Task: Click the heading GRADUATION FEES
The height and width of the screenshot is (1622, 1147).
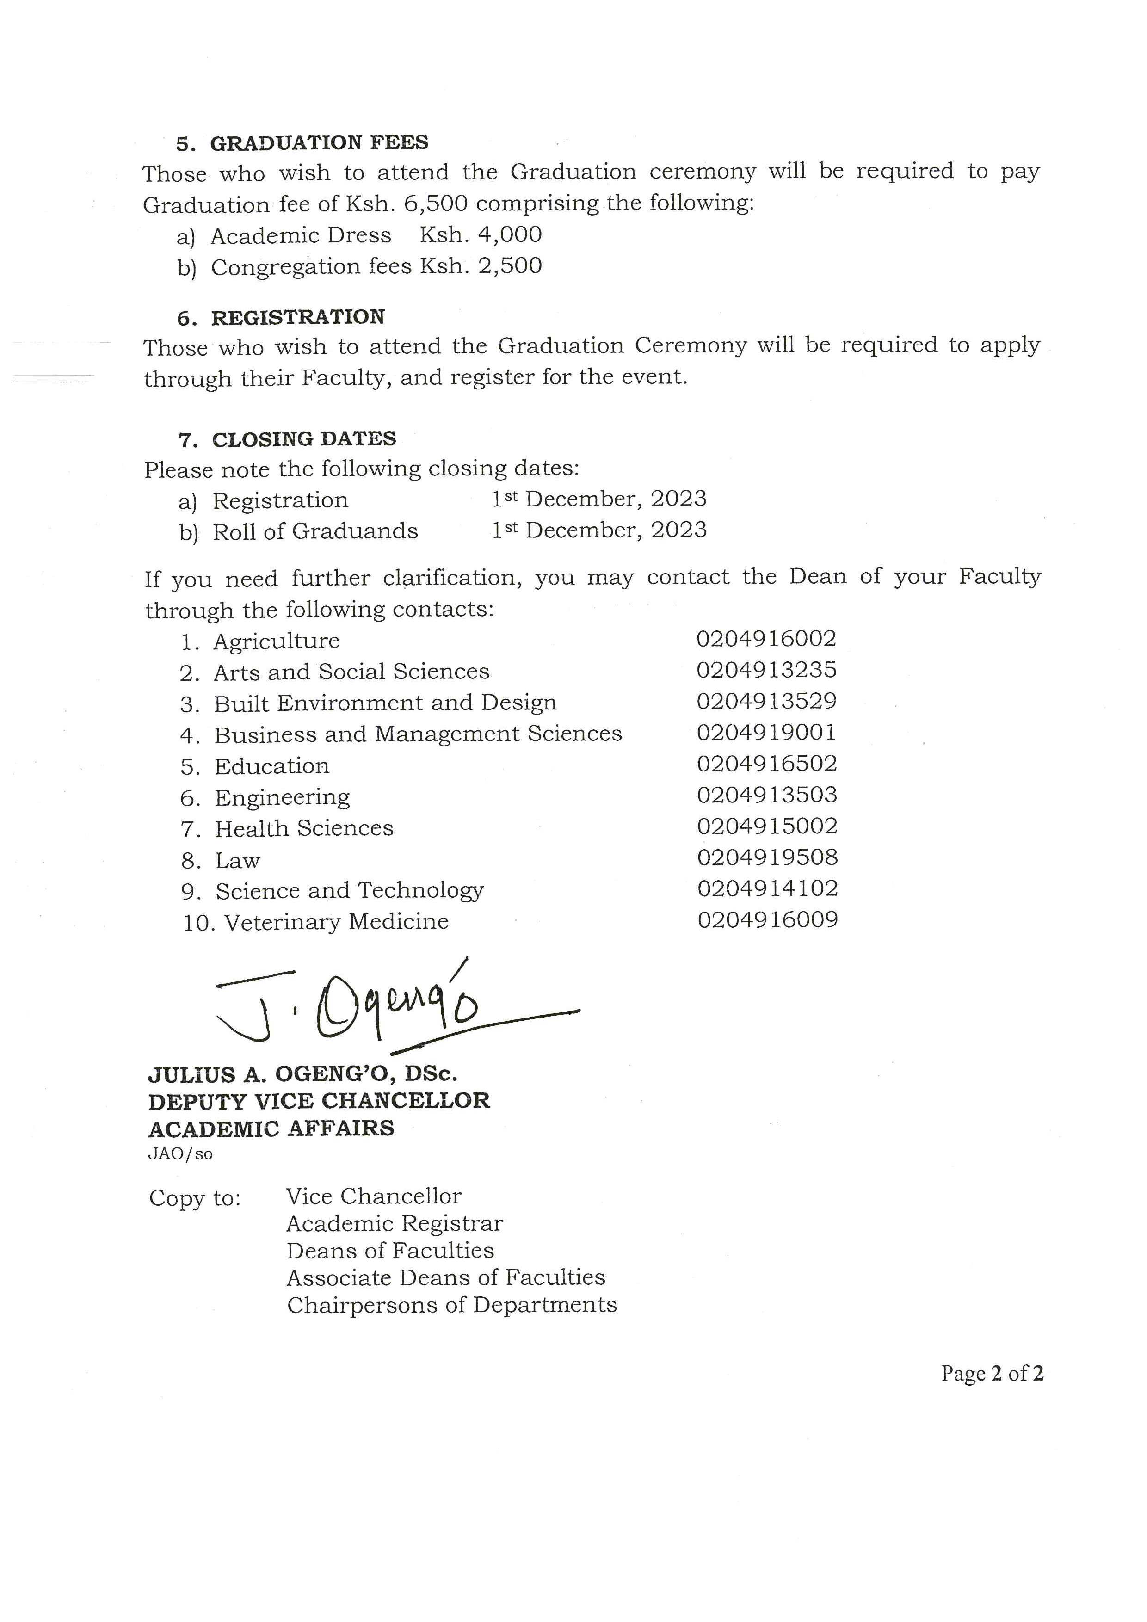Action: pyautogui.click(x=319, y=143)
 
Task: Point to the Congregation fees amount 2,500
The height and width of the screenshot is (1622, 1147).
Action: pyautogui.click(x=481, y=266)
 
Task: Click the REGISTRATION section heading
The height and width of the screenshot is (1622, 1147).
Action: pyautogui.click(x=297, y=317)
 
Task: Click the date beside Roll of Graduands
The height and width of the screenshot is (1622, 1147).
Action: pyautogui.click(x=599, y=530)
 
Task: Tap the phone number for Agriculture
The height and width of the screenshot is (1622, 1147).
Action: pyautogui.click(x=766, y=639)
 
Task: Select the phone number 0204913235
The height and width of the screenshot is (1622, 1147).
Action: pyautogui.click(x=766, y=670)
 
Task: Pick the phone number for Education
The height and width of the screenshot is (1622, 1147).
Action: pyautogui.click(x=767, y=764)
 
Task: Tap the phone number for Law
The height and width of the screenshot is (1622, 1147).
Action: pyautogui.click(x=768, y=857)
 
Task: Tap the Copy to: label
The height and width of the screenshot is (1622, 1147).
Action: pyautogui.click(x=195, y=1198)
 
